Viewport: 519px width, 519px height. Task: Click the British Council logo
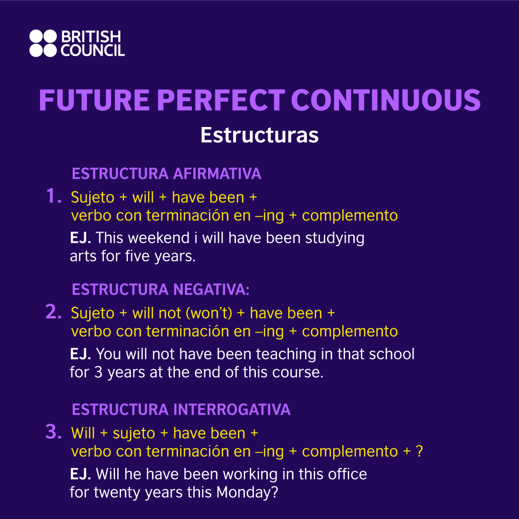click(x=77, y=43)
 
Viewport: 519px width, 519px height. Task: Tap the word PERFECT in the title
click(x=221, y=100)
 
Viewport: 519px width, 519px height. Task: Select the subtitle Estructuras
click(x=259, y=135)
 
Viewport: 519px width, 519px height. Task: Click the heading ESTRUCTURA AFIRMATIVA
click(x=167, y=174)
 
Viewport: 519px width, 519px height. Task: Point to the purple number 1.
click(x=53, y=196)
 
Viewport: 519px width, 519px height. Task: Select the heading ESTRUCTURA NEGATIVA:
click(x=161, y=289)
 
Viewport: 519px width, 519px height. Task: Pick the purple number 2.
click(x=53, y=312)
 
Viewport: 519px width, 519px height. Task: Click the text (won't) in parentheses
click(x=209, y=313)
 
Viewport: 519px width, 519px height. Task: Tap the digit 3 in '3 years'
click(x=98, y=372)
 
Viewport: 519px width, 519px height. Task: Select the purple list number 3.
click(x=53, y=432)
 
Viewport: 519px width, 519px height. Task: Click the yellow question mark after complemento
click(x=419, y=451)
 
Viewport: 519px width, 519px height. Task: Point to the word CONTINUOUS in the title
click(x=386, y=100)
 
